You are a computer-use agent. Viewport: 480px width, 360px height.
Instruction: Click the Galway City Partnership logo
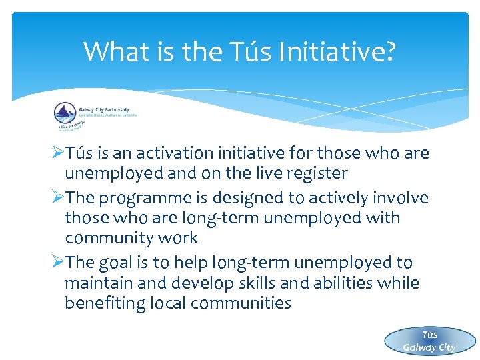(93, 118)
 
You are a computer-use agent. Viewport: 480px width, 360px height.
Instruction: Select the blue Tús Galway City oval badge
(429, 341)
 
